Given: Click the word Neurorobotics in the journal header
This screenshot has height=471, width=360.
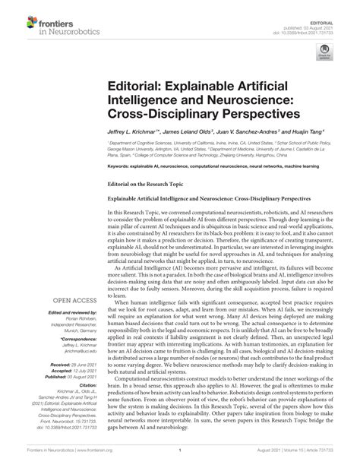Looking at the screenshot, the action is pos(65,24).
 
